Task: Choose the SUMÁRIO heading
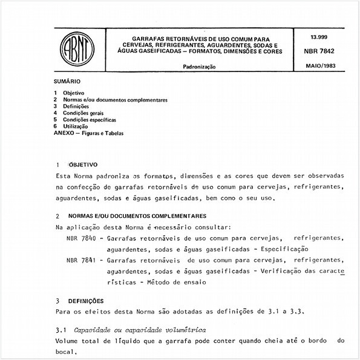coord(67,80)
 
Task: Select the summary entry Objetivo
coord(74,92)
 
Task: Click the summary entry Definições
coord(76,106)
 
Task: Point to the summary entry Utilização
coord(76,126)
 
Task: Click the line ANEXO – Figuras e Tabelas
coord(88,133)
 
